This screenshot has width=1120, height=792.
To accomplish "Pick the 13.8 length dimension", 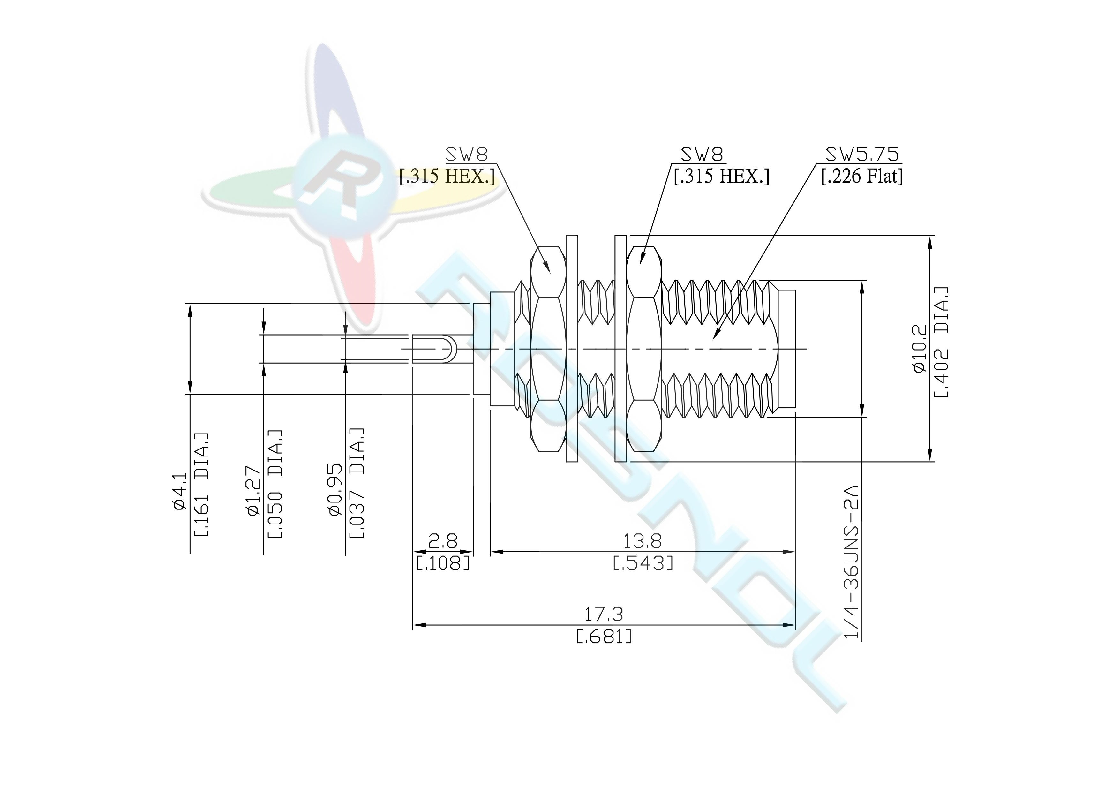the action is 643,541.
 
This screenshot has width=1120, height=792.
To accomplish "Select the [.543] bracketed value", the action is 643,564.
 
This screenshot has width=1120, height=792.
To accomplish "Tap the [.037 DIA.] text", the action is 357,483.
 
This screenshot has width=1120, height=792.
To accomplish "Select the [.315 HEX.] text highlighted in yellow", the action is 447,176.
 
